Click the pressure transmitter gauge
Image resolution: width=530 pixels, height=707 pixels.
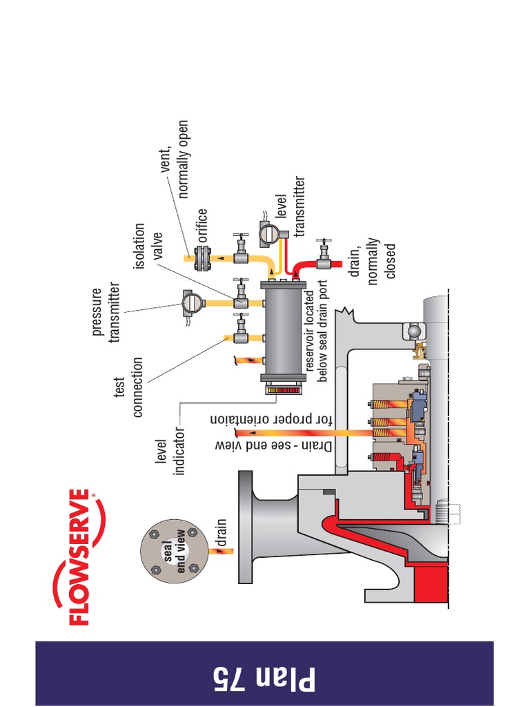pos(190,302)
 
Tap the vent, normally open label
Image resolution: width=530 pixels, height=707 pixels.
pos(173,159)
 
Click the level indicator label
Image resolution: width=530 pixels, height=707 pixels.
pos(169,456)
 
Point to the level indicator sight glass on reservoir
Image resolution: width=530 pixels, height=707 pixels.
pos(280,391)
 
